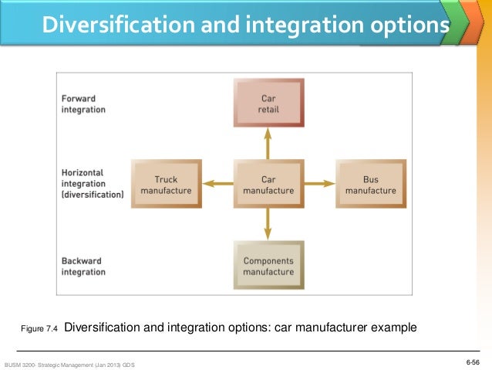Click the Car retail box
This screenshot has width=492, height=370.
tap(268, 104)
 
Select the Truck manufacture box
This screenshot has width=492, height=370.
tap(166, 185)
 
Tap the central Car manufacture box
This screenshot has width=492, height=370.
tap(268, 185)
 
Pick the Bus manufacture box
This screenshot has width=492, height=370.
tap(370, 185)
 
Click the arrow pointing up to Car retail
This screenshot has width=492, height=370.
tap(268, 144)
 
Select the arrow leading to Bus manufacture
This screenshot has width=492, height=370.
tap(319, 185)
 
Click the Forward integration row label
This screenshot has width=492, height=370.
tap(83, 104)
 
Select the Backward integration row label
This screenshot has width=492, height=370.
tap(83, 266)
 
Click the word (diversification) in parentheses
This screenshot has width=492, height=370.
tap(93, 195)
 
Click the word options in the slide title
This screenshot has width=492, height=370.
tap(404, 25)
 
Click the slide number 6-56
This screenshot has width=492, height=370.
tap(472, 362)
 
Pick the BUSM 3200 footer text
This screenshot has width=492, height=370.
tap(69, 363)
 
